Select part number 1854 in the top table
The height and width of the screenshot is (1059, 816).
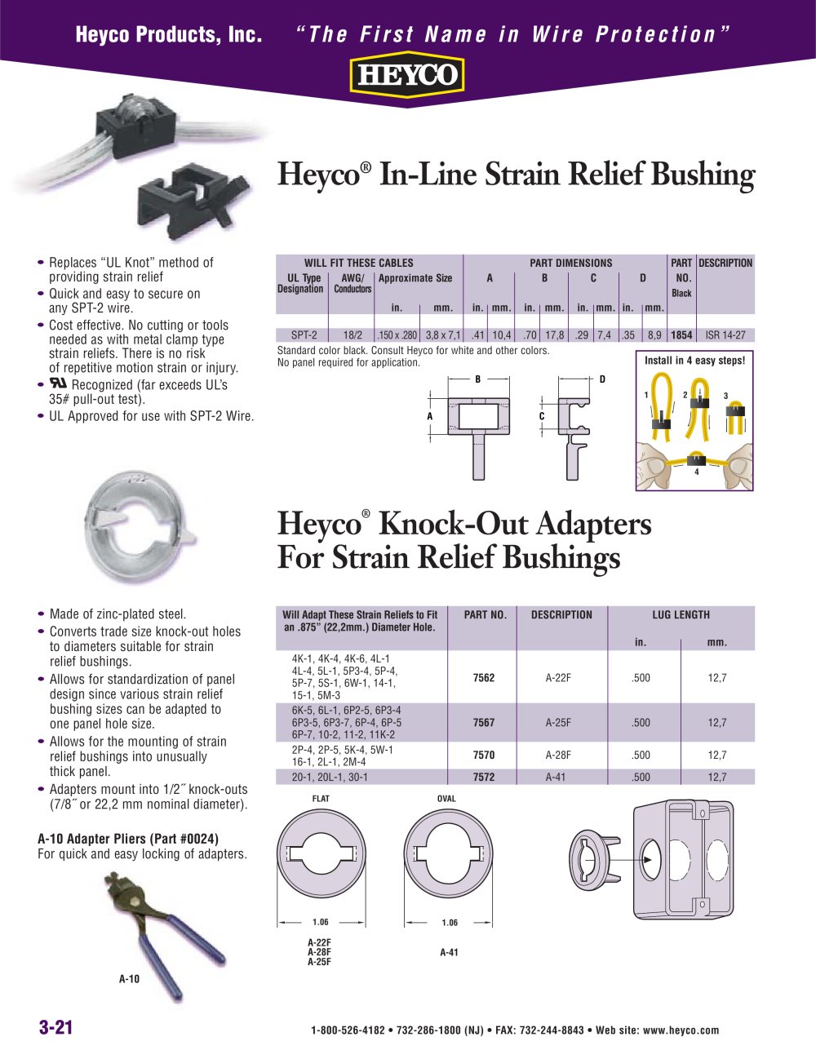pos(681,335)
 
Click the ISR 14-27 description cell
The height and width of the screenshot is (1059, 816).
pos(725,335)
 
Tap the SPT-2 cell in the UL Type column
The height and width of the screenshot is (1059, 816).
pos(304,335)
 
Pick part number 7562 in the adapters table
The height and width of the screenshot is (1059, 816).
pos(484,678)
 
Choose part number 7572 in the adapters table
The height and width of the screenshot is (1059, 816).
pos(484,778)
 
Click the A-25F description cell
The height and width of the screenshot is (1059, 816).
pos(558,723)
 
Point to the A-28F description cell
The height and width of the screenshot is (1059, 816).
pos(558,755)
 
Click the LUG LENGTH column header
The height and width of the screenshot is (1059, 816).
pos(681,615)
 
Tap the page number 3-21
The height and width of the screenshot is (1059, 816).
pos(56,1028)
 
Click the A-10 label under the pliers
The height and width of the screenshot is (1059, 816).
pos(130,979)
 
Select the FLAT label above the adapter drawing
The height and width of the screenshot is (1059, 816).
pos(321,799)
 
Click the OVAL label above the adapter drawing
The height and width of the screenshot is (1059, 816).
pos(446,799)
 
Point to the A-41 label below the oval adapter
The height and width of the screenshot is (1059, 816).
pos(449,952)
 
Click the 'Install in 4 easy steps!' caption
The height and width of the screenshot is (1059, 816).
pos(694,360)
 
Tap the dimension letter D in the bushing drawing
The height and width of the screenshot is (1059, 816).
pos(602,379)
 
